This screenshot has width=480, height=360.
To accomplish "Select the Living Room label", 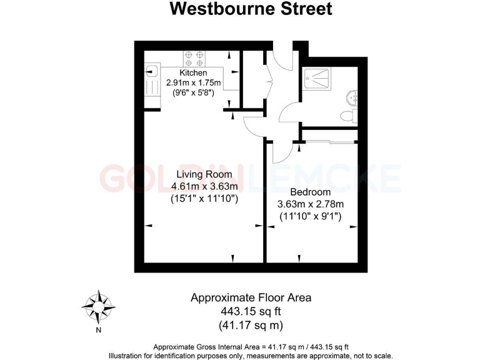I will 204,174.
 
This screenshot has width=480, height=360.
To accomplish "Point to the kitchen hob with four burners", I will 194,58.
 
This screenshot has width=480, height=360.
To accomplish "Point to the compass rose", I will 98,306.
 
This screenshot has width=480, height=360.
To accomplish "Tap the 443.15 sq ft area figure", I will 250,311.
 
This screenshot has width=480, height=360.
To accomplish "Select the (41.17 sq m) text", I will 250,325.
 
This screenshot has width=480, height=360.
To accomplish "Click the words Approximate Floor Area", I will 250,297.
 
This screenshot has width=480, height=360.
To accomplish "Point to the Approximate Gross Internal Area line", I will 250,346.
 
